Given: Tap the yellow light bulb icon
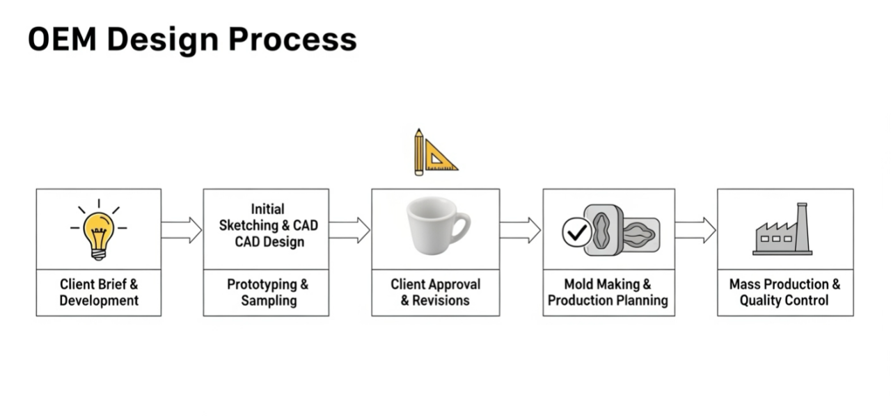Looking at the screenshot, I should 98,231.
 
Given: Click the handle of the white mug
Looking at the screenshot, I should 460,225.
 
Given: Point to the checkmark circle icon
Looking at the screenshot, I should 576,233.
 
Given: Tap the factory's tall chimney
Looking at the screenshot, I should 802,226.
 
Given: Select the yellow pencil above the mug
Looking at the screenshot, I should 418,152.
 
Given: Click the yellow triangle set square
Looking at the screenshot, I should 439,156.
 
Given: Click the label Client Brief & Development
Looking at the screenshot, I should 98,293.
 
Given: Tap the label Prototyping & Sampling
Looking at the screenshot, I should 267,293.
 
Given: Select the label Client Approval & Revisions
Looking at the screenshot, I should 435,293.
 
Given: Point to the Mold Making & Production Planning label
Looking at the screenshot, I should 608,293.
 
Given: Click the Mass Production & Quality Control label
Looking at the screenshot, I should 784,293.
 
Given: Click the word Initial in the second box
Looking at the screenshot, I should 267,209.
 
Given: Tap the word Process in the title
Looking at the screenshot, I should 292,40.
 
